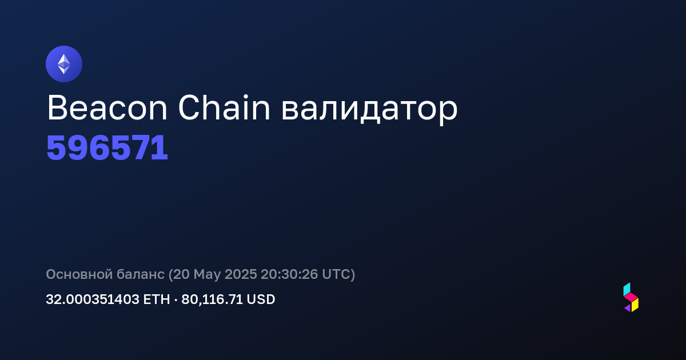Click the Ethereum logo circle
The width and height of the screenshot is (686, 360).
pyautogui.click(x=64, y=64)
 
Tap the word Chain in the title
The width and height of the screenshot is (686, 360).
pyautogui.click(x=224, y=107)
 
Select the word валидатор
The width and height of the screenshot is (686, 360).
pyautogui.click(x=369, y=111)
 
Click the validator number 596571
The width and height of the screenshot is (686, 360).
pyautogui.click(x=107, y=148)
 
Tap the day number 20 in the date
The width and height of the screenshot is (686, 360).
pyautogui.click(x=182, y=274)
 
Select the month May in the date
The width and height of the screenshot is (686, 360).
pyautogui.click(x=207, y=275)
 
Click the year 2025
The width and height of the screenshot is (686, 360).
pyautogui.click(x=241, y=274)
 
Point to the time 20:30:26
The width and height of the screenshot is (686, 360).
pyautogui.click(x=289, y=274)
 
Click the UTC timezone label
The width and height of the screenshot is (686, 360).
pyautogui.click(x=336, y=274)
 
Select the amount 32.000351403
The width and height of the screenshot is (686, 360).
pyautogui.click(x=93, y=299)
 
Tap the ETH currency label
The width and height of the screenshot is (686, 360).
pyautogui.click(x=157, y=299)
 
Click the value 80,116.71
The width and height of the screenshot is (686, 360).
pyautogui.click(x=212, y=299)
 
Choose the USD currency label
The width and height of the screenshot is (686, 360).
pyautogui.click(x=261, y=299)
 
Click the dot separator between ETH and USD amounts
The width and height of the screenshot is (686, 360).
pyautogui.click(x=176, y=299)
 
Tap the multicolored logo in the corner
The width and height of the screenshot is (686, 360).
pyautogui.click(x=631, y=297)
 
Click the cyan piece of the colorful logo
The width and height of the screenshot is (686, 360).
pyautogui.click(x=627, y=289)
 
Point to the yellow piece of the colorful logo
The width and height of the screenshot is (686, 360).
pyautogui.click(x=635, y=305)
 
